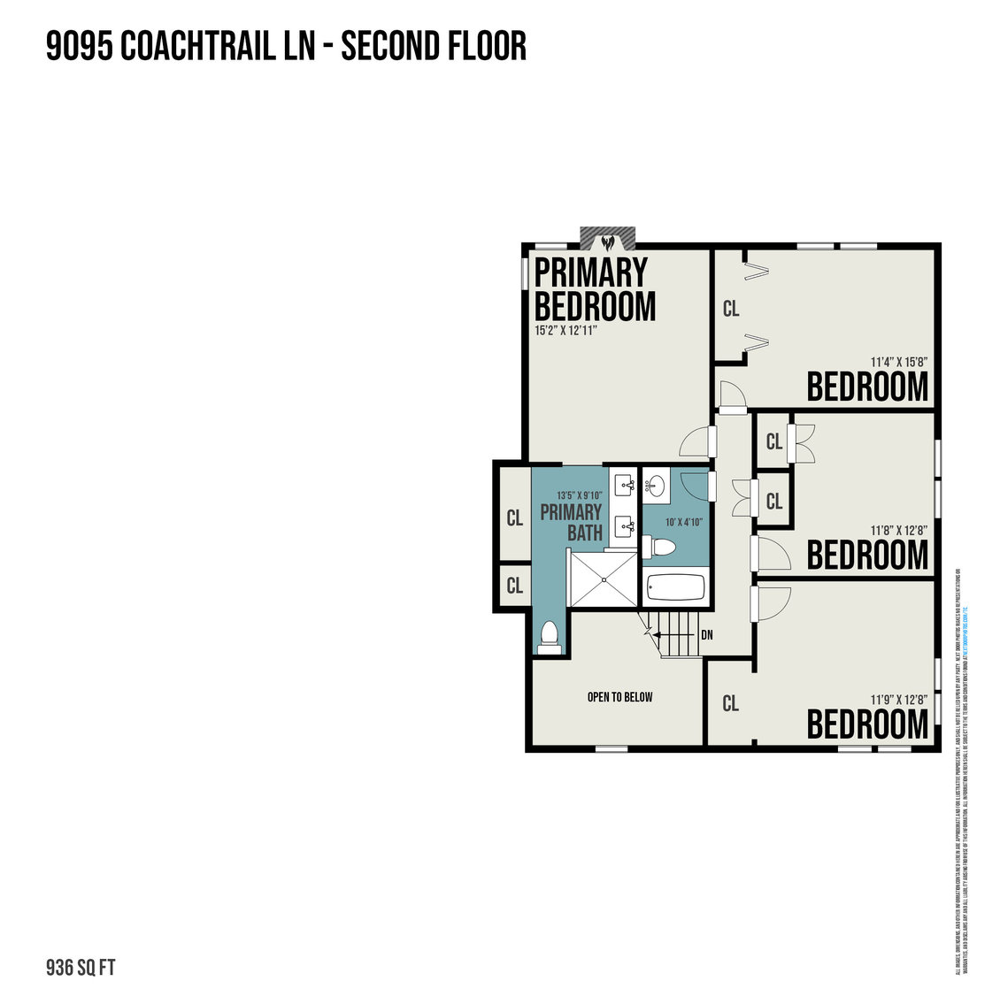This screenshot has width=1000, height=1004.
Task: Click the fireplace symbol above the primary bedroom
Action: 608,240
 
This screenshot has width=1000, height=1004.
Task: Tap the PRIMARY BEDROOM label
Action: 594,289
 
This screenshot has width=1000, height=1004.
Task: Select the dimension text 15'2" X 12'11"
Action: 566,331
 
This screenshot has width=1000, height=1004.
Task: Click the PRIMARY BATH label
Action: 571,522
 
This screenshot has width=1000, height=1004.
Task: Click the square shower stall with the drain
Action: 602,579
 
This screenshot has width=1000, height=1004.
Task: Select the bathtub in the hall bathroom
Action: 675,587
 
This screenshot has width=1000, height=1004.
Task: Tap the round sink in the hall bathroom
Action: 656,486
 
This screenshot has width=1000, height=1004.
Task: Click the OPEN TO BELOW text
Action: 619,697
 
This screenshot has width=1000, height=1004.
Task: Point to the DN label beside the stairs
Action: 706,635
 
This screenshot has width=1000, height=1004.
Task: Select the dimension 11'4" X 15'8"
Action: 899,361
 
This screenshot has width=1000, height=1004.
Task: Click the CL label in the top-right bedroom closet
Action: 731,309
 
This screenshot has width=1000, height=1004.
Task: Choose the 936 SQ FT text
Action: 81,967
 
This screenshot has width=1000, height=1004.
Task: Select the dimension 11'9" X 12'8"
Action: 899,699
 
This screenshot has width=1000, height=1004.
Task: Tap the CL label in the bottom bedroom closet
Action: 730,703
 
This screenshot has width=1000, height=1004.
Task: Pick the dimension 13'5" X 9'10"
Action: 579,495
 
